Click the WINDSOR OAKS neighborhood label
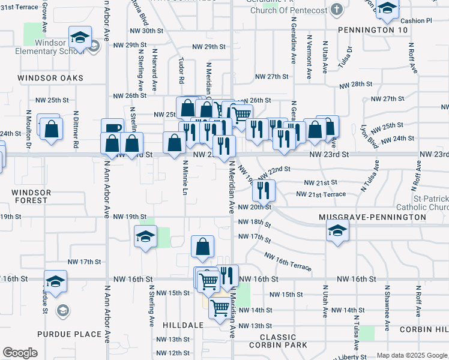[50, 78]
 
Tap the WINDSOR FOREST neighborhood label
[32, 196]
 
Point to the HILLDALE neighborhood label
[182, 325]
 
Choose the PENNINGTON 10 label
[373, 30]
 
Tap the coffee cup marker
[113, 128]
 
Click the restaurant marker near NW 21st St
[264, 191]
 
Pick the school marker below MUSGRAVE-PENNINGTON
[338, 230]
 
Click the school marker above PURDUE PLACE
[55, 281]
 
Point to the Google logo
[20, 353]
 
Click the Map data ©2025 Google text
[412, 355]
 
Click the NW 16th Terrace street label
[288, 261]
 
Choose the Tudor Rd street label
[181, 71]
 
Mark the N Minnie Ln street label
[185, 181]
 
